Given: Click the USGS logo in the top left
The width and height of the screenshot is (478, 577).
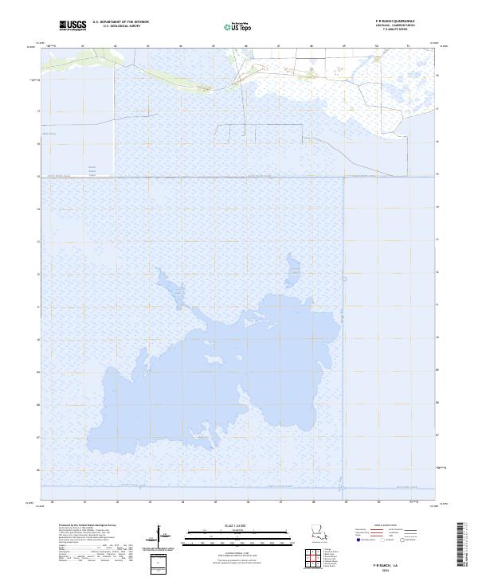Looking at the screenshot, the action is point(72,25).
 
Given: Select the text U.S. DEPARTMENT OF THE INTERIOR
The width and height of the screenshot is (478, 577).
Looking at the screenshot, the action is point(120,22).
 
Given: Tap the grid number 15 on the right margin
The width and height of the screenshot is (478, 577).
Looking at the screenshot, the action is point(438,174).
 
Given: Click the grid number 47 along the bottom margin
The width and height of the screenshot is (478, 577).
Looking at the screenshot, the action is point(280,502).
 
